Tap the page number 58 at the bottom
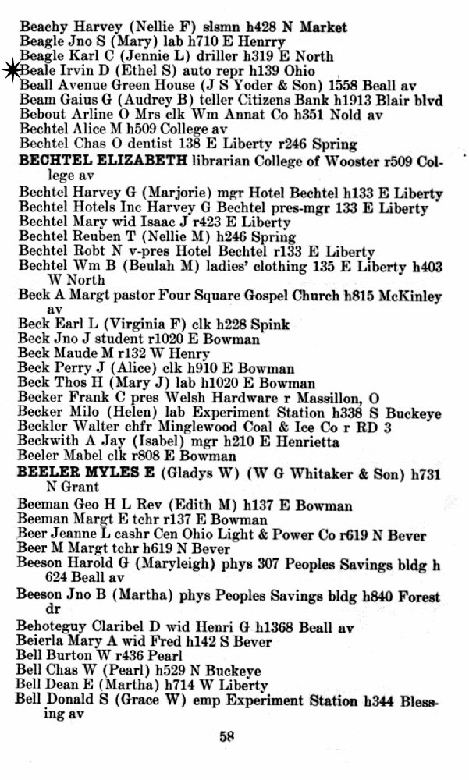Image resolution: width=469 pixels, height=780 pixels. click(229, 734)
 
